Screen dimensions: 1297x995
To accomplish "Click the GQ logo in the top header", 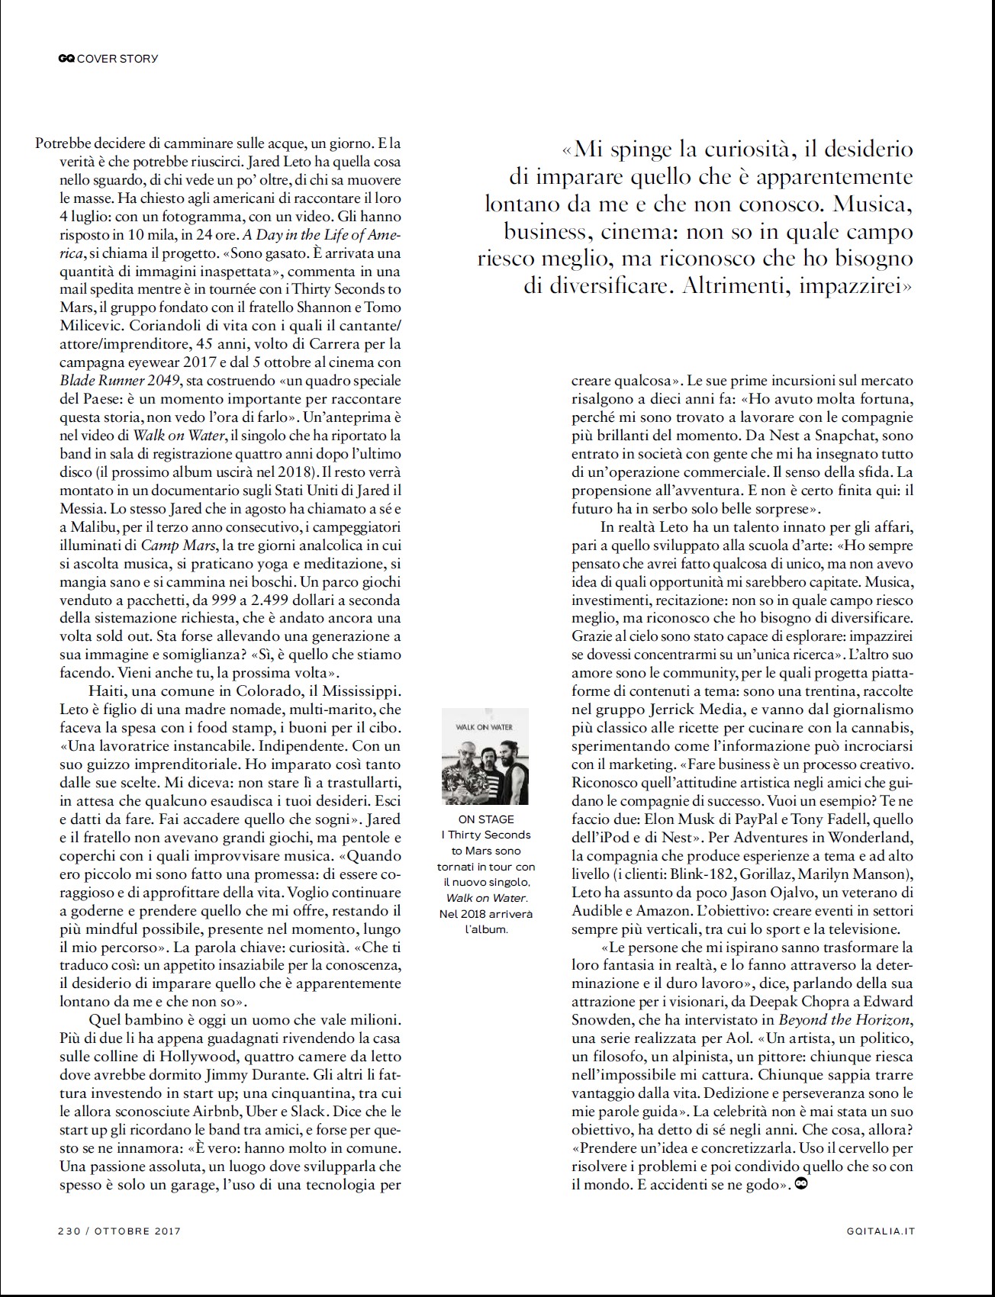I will click(x=66, y=58).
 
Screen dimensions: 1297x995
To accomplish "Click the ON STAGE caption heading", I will click(x=486, y=819).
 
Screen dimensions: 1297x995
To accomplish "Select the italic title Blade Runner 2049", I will click(x=120, y=381).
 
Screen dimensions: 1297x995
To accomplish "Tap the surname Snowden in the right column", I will click(x=600, y=1020).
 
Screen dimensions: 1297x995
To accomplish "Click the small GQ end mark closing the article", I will click(x=801, y=1184).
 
